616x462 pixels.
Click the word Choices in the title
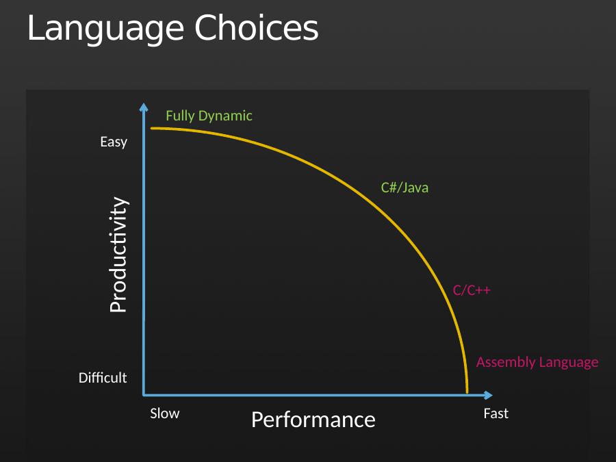pyautogui.click(x=257, y=27)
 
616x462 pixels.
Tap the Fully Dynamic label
pyautogui.click(x=209, y=116)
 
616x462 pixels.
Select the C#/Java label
pyautogui.click(x=405, y=188)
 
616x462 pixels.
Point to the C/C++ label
pyautogui.click(x=472, y=290)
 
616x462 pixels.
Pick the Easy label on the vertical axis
pyautogui.click(x=114, y=142)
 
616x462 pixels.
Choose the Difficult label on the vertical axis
pyautogui.click(x=103, y=378)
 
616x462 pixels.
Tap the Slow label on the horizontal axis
pyautogui.click(x=164, y=413)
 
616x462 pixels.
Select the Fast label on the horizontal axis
pyautogui.click(x=496, y=413)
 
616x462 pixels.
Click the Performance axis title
pyautogui.click(x=313, y=420)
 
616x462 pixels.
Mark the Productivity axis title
pyautogui.click(x=118, y=255)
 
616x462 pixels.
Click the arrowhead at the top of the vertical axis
pyautogui.click(x=144, y=107)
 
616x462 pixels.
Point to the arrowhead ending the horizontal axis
pyautogui.click(x=488, y=395)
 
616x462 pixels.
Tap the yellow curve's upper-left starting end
pyautogui.click(x=152, y=128)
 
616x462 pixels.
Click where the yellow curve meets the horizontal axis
pyautogui.click(x=467, y=392)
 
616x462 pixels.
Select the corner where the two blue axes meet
pyautogui.click(x=144, y=394)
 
